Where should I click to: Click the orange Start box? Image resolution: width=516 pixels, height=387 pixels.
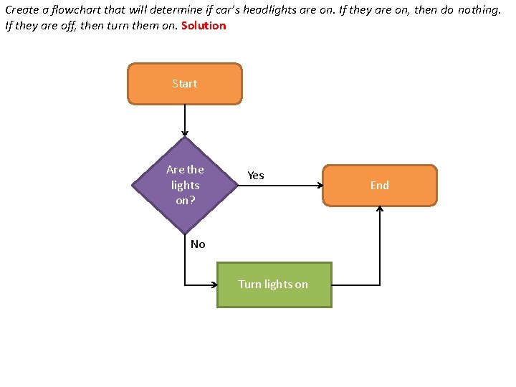point(185,84)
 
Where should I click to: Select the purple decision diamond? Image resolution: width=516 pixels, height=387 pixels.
point(185,185)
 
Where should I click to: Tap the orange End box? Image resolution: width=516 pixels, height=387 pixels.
point(379,186)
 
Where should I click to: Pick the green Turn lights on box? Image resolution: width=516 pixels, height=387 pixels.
point(274,285)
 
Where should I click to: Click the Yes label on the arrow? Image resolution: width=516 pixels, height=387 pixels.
point(256,176)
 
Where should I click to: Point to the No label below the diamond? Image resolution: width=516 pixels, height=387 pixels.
point(198,244)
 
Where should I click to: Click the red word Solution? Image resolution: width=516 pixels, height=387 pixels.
point(204,26)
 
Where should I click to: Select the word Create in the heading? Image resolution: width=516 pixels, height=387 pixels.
point(21,11)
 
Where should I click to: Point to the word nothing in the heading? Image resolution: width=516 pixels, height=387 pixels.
point(476,11)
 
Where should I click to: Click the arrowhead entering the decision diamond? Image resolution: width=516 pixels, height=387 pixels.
point(185,134)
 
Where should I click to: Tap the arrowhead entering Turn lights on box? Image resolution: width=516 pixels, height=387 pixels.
point(214,285)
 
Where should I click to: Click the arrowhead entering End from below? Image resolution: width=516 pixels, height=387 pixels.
point(379,210)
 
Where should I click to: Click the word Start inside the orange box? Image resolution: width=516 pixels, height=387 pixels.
point(185,84)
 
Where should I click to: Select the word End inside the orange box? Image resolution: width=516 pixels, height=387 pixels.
point(379,186)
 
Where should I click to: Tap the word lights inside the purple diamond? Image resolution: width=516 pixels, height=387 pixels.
point(185,185)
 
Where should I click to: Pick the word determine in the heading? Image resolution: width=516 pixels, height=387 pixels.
point(168,11)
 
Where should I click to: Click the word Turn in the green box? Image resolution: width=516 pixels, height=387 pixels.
point(249,285)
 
